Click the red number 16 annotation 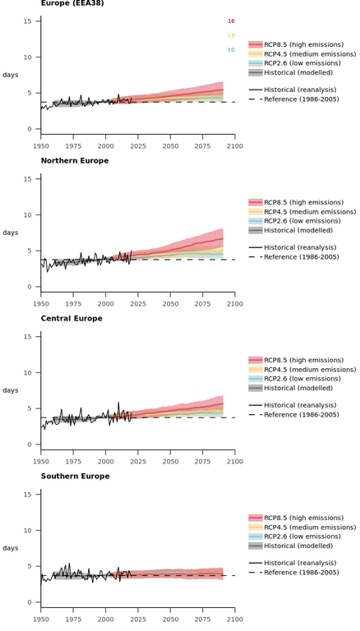(231, 21)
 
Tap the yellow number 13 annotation (231, 35)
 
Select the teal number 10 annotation (231, 50)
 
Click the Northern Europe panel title (75, 160)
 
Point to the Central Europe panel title (72, 318)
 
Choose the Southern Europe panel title (75, 476)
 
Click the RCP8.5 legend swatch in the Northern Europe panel (256, 202)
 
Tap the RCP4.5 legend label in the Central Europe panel (310, 370)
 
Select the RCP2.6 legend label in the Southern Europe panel (302, 537)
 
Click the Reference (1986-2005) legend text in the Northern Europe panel (302, 256)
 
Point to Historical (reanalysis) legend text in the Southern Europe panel (300, 563)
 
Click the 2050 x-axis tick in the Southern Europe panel (170, 619)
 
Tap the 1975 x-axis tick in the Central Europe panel (73, 462)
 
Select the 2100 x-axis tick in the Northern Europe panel (235, 304)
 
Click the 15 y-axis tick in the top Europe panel (27, 21)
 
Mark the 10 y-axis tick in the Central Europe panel (27, 373)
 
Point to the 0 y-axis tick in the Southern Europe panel (29, 602)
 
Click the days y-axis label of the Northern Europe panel (11, 233)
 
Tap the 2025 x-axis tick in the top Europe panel (138, 146)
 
